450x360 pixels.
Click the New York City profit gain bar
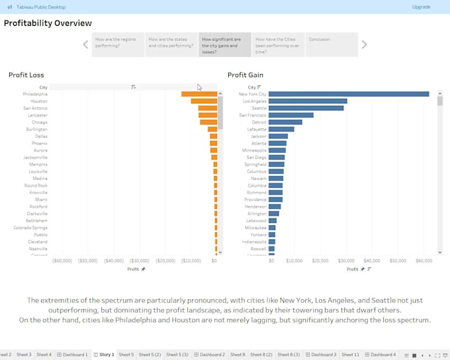[349, 94]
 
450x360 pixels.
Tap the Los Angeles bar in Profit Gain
[308, 101]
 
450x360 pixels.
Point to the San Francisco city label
[253, 115]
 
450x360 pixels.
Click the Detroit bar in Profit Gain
[285, 122]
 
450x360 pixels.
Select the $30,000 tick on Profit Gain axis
[346, 261]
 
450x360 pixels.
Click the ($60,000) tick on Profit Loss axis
[62, 261]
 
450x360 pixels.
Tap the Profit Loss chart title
[26, 75]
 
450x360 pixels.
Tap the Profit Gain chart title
[246, 75]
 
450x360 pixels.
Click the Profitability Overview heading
[48, 23]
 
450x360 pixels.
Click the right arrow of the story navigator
[364, 44]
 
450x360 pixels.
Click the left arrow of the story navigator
[85, 44]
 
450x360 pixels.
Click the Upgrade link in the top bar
[421, 7]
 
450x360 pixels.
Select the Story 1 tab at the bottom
[104, 355]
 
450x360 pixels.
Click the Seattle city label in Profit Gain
[259, 108]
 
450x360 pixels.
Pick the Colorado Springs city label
[30, 228]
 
